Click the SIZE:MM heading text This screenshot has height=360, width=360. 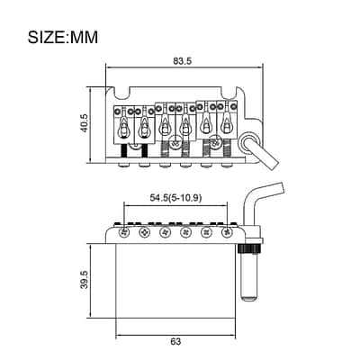63,38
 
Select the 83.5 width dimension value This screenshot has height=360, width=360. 182,61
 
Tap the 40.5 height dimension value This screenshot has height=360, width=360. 84,123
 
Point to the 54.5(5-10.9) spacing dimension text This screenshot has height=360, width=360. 175,198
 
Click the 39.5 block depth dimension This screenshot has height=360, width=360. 85,280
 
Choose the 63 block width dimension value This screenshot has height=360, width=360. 175,341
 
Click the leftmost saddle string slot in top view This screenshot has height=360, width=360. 123,127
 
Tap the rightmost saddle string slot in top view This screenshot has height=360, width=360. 226,122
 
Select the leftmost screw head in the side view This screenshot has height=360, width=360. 124,232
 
